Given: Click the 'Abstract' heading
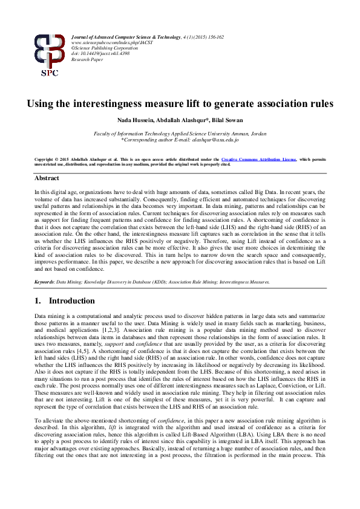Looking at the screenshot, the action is tap(47, 179).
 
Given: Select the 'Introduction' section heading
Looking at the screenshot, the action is tap(72, 300).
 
